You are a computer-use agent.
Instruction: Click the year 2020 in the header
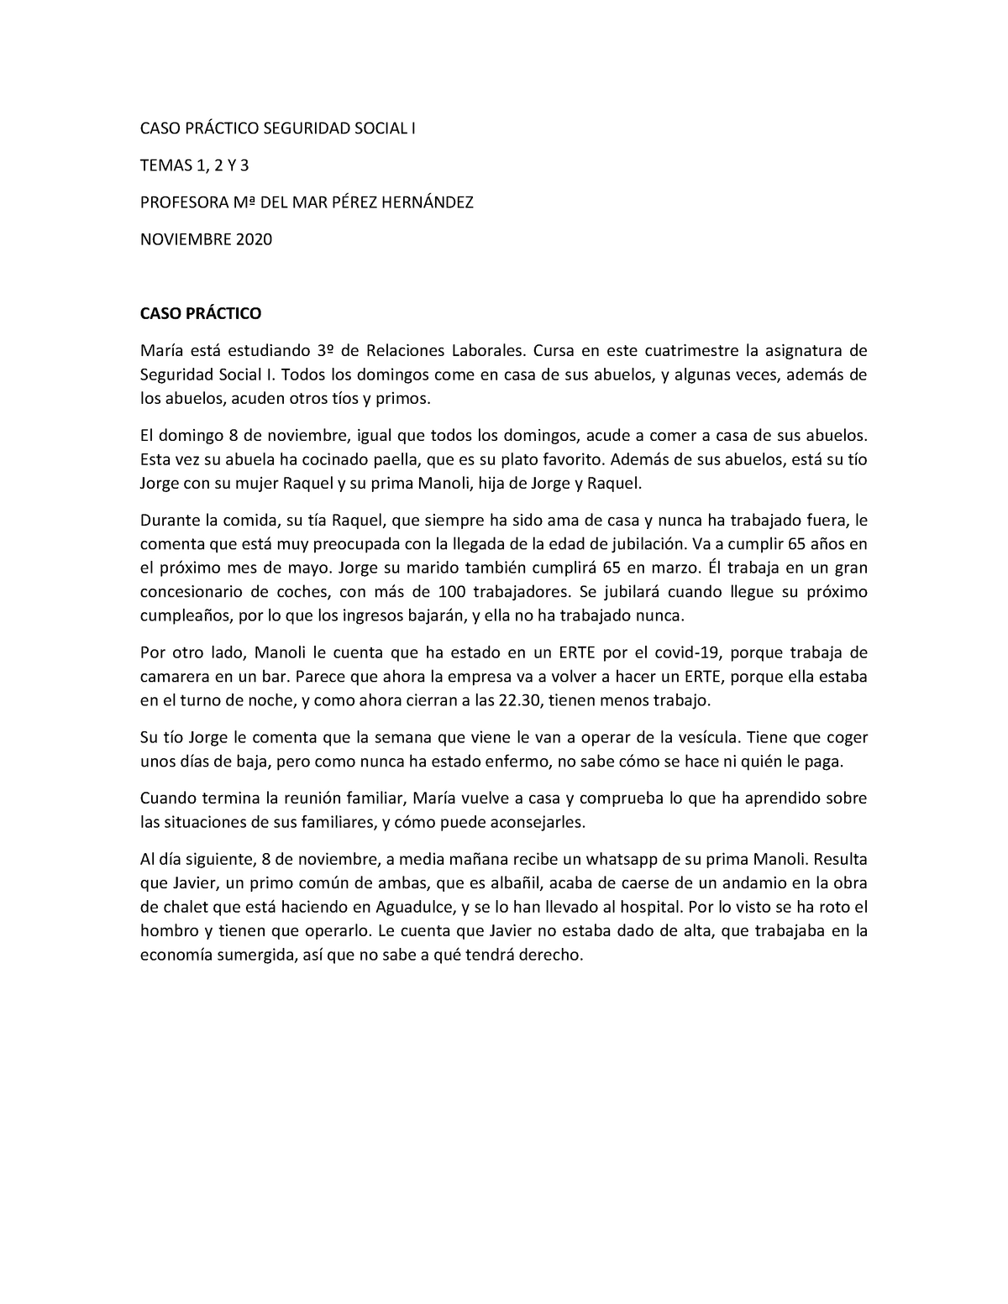254,239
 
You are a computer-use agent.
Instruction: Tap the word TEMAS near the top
162,165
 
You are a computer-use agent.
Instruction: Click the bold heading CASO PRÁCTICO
200,313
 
